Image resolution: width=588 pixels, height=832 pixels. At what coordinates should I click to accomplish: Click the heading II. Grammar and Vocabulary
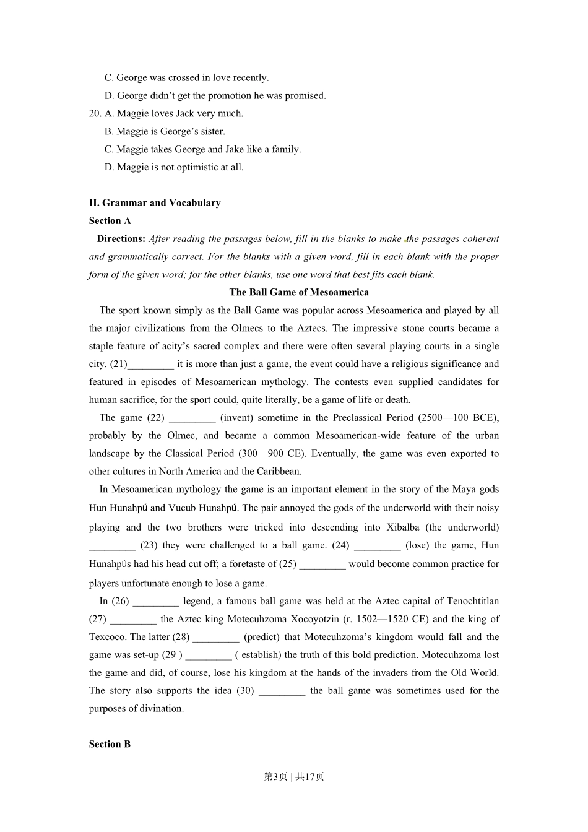pos(155,203)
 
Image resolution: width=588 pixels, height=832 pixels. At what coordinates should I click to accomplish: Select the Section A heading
pos(110,221)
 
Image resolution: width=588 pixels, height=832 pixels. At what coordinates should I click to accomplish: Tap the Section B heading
pos(110,744)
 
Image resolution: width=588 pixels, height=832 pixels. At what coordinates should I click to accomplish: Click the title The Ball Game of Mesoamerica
pos(299,292)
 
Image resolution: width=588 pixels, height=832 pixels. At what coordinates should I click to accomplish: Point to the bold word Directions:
pos(121,239)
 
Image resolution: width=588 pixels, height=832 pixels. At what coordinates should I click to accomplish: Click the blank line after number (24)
pos(377,545)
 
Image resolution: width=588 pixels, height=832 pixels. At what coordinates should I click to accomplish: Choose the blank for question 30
pos(282,691)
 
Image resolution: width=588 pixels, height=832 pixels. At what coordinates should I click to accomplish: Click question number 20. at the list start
pos(95,113)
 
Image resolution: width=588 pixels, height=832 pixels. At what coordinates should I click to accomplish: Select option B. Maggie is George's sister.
pos(165,131)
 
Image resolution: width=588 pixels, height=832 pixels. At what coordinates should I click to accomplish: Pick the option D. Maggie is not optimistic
pos(174,167)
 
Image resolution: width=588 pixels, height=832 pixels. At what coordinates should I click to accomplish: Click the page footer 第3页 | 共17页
pos(294,776)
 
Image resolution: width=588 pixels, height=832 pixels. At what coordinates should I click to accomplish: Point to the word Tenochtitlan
pos(472,601)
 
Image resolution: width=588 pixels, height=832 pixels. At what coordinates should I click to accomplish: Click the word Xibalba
pos(402,527)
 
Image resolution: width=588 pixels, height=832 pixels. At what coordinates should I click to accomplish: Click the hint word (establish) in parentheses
pos(258,655)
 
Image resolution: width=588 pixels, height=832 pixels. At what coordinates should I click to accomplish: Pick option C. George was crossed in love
pos(186,78)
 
